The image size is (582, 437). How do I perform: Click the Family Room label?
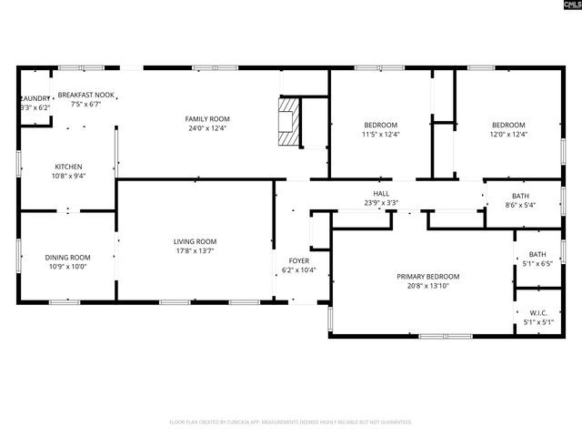[x=207, y=119]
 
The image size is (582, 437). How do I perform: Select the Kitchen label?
[x=68, y=167]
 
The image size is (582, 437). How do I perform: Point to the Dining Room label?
[x=68, y=257]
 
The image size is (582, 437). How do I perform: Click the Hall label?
[x=381, y=193]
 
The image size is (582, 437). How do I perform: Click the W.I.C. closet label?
[x=538, y=313]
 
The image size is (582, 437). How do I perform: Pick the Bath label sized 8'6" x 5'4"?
[x=520, y=196]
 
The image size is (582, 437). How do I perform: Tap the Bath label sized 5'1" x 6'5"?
[x=537, y=255]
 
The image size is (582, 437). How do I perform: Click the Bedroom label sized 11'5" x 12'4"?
[x=381, y=125]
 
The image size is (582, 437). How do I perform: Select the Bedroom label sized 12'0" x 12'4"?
[x=508, y=125]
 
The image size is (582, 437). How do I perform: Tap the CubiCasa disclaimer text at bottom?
[x=291, y=422]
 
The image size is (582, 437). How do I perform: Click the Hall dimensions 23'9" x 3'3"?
[x=381, y=202]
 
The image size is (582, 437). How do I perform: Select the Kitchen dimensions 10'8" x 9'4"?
[x=68, y=176]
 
